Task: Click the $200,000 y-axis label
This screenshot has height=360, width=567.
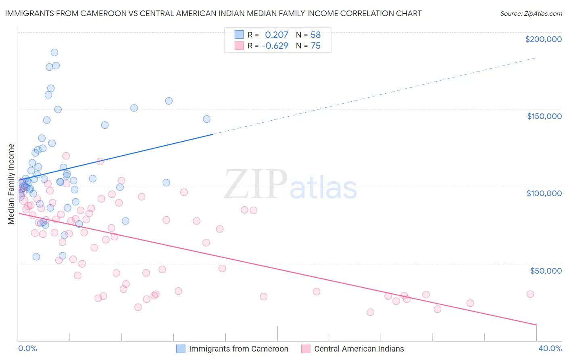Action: click(x=543, y=39)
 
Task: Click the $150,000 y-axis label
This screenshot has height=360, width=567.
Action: click(x=544, y=116)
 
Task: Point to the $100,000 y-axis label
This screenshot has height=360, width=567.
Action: click(x=544, y=193)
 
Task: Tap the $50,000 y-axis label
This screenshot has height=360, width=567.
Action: click(x=546, y=271)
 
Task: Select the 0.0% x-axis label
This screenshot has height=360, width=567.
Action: click(x=27, y=349)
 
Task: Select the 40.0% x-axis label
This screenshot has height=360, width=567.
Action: click(x=550, y=349)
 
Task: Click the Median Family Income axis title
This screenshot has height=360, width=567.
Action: click(x=11, y=184)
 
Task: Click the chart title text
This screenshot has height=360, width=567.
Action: click(x=213, y=13)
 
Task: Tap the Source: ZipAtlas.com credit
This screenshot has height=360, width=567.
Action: click(x=531, y=14)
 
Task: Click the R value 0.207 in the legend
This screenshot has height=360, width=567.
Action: click(x=276, y=35)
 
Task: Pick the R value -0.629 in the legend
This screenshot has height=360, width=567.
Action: click(x=275, y=46)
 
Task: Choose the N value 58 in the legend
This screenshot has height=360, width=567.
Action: click(x=315, y=35)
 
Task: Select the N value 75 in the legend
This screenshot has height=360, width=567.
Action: click(x=315, y=46)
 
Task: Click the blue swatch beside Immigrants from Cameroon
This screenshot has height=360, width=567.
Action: click(x=181, y=349)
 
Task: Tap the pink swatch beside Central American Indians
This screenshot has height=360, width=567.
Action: click(x=306, y=349)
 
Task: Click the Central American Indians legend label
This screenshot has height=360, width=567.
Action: click(x=359, y=349)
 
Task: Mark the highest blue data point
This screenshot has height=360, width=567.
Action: click(x=54, y=52)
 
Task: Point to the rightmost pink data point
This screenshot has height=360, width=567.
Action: click(x=530, y=294)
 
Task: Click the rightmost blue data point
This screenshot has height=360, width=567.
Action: click(x=206, y=119)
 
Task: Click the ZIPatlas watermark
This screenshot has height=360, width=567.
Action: click(x=290, y=185)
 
